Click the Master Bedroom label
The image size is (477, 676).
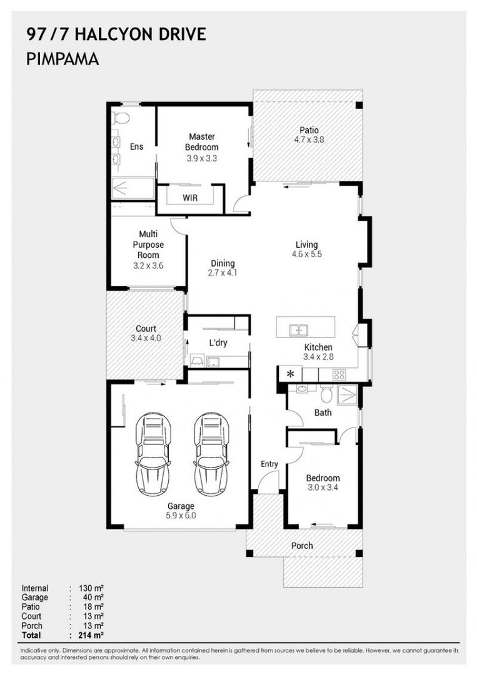click(202, 142)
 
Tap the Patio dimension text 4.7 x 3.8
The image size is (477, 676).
click(309, 140)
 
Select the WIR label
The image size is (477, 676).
click(190, 198)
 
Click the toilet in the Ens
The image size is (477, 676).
click(121, 118)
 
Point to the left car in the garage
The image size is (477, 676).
click(153, 454)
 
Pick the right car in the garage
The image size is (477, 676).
click(211, 454)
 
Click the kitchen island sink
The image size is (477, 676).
click(299, 330)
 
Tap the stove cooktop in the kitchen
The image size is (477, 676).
click(339, 375)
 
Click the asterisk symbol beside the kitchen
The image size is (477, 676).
click(290, 374)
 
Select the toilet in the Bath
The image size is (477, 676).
click(326, 394)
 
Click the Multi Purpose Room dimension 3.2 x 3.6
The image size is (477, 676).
click(148, 266)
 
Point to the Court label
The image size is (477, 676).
click(146, 329)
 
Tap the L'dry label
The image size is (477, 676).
click(218, 343)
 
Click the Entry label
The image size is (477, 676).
click(269, 464)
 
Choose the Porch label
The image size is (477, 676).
click(302, 546)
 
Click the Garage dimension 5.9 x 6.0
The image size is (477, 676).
click(181, 516)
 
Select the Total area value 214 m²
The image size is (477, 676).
click(91, 635)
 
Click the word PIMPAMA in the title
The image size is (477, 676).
click(63, 59)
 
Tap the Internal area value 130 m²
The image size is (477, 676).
click(91, 588)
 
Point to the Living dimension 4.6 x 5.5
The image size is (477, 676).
click(306, 254)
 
